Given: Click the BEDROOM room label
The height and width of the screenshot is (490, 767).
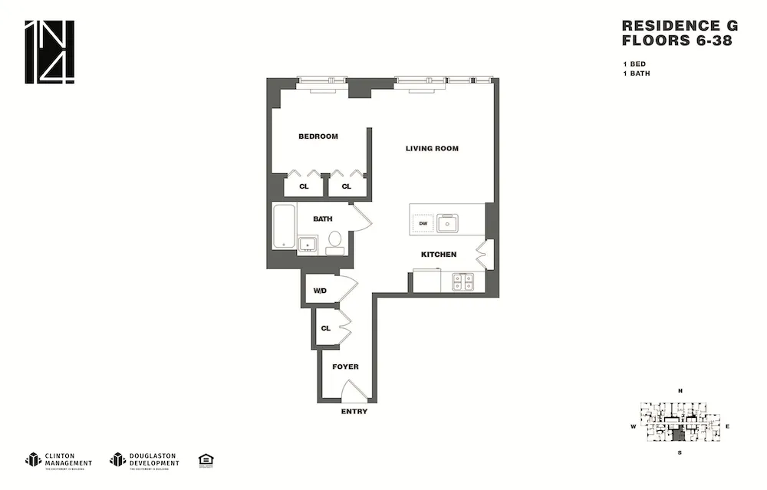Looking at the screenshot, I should pos(318,136).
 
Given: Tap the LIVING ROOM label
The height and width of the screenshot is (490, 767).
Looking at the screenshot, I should pos(432,149).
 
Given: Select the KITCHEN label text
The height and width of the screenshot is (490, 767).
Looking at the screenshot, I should pos(438,255).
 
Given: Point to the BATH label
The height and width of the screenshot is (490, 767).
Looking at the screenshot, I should pos(322,219).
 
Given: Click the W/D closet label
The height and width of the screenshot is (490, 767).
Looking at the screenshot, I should pos(320,291).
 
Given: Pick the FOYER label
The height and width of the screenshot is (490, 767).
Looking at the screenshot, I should pos(345,367).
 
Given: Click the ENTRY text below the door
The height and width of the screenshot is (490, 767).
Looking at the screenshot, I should pos(354,412).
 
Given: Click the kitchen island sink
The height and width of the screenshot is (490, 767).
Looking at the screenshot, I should pos(447,224).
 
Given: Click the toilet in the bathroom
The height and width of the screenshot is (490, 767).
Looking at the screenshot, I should pos(334,242).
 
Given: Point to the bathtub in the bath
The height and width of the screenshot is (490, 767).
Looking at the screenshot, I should pos(284,226).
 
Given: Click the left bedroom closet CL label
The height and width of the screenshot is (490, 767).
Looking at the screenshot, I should pos(304,186).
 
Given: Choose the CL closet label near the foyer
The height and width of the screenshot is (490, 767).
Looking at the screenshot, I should pos(325,328).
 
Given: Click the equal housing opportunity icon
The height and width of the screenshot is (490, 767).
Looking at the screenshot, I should pos(206,459).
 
